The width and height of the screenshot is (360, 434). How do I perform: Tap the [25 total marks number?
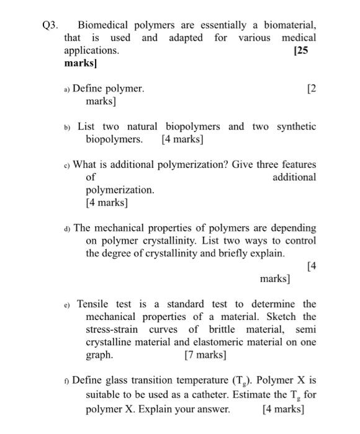point(300,50)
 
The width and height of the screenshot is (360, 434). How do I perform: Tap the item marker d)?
point(66,228)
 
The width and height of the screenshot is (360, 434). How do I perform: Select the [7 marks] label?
point(205,355)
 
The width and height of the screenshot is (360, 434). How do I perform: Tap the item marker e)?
point(66,304)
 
